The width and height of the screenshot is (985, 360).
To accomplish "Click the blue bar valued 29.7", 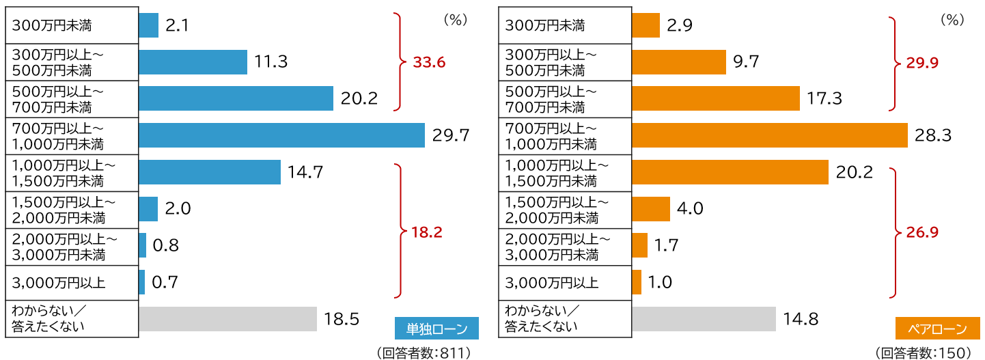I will click(281, 135).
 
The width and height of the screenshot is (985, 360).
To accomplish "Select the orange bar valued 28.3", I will click(769, 135).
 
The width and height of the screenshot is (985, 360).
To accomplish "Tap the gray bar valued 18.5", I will click(227, 319).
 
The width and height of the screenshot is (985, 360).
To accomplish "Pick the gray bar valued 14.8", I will click(704, 319).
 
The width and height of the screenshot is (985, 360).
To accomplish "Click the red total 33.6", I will click(429, 63).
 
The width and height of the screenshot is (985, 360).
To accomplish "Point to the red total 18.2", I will click(428, 232).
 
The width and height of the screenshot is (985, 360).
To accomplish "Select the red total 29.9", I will click(922, 63).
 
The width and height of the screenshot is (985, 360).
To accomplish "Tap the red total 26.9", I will click(922, 232).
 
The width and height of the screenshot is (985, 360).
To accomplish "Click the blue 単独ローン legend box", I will click(437, 329).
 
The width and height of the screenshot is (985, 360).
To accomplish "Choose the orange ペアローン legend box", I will click(937, 329).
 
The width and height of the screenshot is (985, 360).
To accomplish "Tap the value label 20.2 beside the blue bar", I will click(359, 99).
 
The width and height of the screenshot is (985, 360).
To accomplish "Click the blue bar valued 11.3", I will click(193, 62).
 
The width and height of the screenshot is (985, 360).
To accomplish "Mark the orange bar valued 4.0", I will click(651, 209).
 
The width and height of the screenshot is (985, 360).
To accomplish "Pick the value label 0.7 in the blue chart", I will click(165, 282).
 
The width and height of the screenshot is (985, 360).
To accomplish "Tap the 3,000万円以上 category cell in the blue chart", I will click(72, 282).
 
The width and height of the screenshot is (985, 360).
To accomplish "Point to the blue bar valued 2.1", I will click(148, 26).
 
